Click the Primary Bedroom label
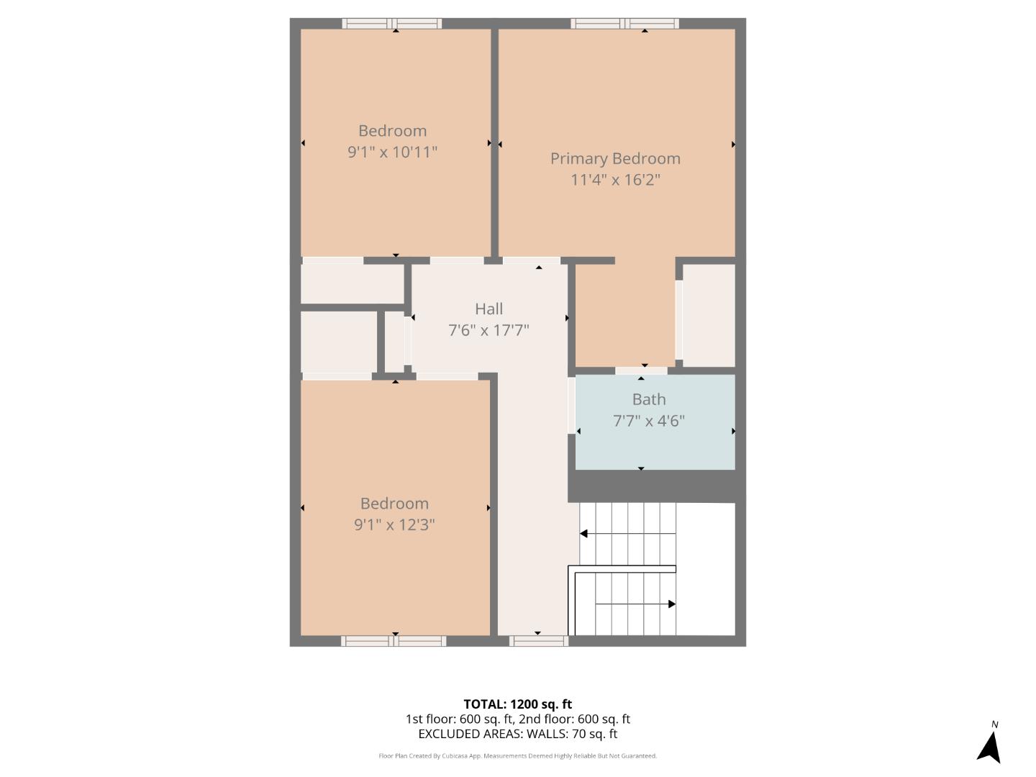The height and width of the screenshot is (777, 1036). click(615, 158)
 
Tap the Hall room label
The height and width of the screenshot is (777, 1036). click(489, 309)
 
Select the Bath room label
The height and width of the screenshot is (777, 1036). click(649, 399)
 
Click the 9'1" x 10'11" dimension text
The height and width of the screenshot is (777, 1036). click(392, 152)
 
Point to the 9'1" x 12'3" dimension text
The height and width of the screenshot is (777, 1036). click(394, 524)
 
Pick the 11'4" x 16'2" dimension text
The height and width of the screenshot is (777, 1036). click(615, 179)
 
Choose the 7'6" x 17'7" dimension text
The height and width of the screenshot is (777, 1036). click(489, 330)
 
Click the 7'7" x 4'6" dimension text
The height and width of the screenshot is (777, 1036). click(649, 421)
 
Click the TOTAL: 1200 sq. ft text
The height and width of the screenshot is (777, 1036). click(517, 704)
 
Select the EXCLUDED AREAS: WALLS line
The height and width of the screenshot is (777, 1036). click(517, 734)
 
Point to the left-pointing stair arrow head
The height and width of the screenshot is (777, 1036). click(584, 533)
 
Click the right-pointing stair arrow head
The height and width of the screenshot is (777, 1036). click(672, 604)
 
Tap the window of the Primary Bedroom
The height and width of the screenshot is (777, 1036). click(624, 24)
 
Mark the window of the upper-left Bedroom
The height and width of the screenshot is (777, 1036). click(392, 24)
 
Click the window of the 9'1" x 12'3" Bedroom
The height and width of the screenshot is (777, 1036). click(394, 640)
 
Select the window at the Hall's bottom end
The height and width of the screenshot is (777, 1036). click(538, 640)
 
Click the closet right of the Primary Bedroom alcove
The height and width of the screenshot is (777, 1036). click(709, 315)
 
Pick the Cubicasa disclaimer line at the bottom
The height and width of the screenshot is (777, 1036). click(517, 756)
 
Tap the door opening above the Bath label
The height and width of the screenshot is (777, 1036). click(641, 371)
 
